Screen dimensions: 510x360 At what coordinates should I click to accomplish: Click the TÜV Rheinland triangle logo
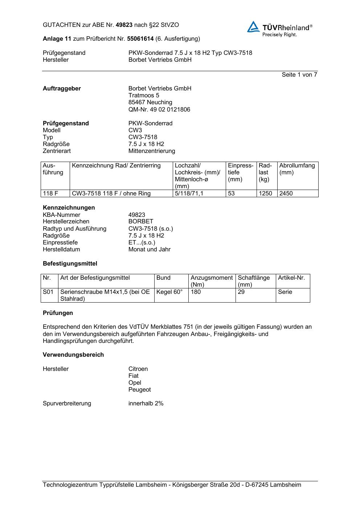click(x=253, y=27)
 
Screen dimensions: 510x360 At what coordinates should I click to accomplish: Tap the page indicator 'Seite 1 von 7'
click(x=299, y=75)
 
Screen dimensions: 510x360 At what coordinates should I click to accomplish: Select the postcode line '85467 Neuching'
click(x=150, y=102)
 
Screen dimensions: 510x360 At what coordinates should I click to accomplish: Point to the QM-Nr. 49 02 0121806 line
click(x=159, y=109)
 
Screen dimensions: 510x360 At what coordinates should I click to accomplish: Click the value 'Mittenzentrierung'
click(x=151, y=151)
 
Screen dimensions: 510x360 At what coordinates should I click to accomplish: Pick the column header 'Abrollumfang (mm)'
click(x=297, y=169)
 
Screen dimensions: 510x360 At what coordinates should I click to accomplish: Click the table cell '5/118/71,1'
click(x=189, y=194)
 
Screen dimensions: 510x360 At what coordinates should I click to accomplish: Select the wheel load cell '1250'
click(x=265, y=194)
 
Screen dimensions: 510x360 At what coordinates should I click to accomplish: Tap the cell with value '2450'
click(x=286, y=194)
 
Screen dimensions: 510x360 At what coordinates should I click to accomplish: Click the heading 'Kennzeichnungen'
click(x=69, y=208)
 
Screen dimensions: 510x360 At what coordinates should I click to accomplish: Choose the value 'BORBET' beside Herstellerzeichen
click(x=141, y=222)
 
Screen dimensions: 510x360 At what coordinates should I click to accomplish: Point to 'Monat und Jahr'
click(x=149, y=250)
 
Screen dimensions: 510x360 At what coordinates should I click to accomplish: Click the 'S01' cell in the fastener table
click(x=48, y=292)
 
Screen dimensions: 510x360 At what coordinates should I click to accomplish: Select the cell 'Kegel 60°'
click(x=169, y=292)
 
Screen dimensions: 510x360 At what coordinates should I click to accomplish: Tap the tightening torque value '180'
click(x=196, y=292)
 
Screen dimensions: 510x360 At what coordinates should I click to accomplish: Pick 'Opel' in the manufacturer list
click(x=135, y=383)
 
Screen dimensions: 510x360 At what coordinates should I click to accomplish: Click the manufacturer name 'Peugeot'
click(x=139, y=390)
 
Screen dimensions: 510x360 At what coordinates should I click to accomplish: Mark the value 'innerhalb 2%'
click(x=146, y=404)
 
